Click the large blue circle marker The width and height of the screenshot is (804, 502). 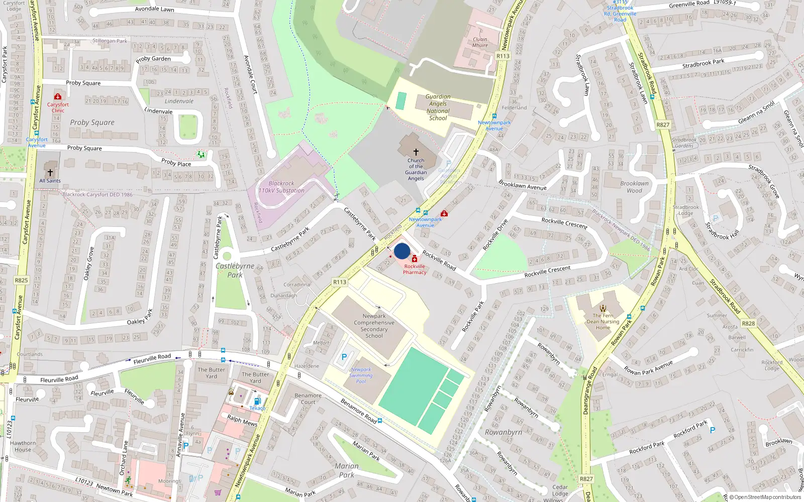(x=402, y=251)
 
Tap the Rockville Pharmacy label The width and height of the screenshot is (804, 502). (x=415, y=270)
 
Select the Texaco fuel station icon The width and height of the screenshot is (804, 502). (x=257, y=401)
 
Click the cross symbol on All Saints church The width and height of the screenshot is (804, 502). (x=50, y=172)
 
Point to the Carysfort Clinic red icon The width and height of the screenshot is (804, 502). (x=58, y=96)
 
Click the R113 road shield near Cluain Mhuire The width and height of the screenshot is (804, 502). (x=503, y=56)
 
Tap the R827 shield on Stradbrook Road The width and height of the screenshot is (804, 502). (x=663, y=124)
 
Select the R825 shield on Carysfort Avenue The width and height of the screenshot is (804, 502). (x=21, y=280)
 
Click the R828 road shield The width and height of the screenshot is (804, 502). (x=748, y=323)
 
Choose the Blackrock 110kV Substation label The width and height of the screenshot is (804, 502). (x=281, y=187)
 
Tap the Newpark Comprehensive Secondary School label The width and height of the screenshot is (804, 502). (x=374, y=326)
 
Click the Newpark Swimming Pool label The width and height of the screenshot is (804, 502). (x=361, y=375)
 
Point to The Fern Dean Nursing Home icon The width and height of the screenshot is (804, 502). (x=603, y=308)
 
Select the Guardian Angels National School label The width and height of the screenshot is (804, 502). (x=438, y=107)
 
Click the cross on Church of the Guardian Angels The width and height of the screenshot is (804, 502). (x=416, y=152)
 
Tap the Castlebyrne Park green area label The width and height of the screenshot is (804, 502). (x=235, y=270)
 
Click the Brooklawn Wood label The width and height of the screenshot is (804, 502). (x=634, y=187)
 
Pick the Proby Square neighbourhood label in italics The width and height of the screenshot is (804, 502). (x=92, y=122)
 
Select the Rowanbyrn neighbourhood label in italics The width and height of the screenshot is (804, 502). (x=504, y=432)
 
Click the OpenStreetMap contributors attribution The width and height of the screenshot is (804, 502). (x=765, y=497)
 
